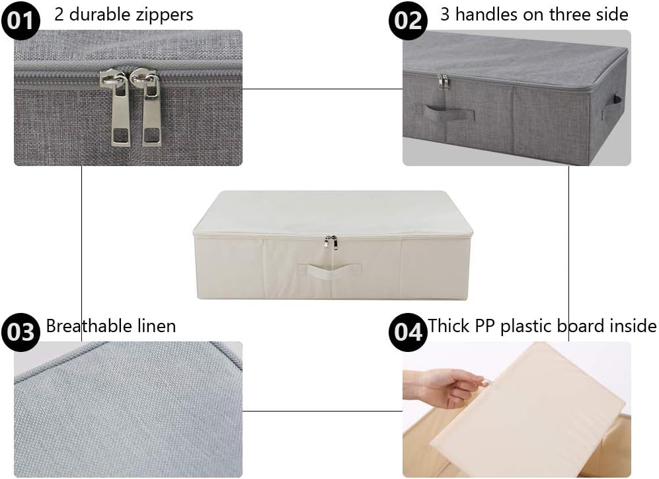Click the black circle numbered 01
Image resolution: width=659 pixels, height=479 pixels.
(x=20, y=20)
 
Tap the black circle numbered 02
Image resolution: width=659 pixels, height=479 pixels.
(x=408, y=20)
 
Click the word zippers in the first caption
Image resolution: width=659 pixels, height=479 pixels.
(x=166, y=15)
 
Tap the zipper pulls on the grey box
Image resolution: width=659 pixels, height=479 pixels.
(x=443, y=81)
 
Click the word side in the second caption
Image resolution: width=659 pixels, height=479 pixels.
(x=612, y=15)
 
